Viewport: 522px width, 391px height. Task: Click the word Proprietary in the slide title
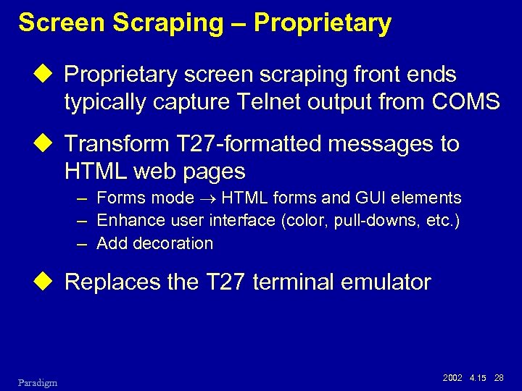point(322,23)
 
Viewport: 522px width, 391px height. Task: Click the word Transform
point(117,143)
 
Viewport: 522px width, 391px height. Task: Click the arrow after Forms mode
point(208,198)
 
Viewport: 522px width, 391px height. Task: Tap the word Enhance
point(127,220)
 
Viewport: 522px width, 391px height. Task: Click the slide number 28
point(499,378)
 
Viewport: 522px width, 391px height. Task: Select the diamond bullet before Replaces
point(49,282)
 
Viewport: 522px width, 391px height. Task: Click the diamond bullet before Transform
point(49,143)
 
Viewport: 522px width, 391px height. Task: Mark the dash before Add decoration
point(83,243)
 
